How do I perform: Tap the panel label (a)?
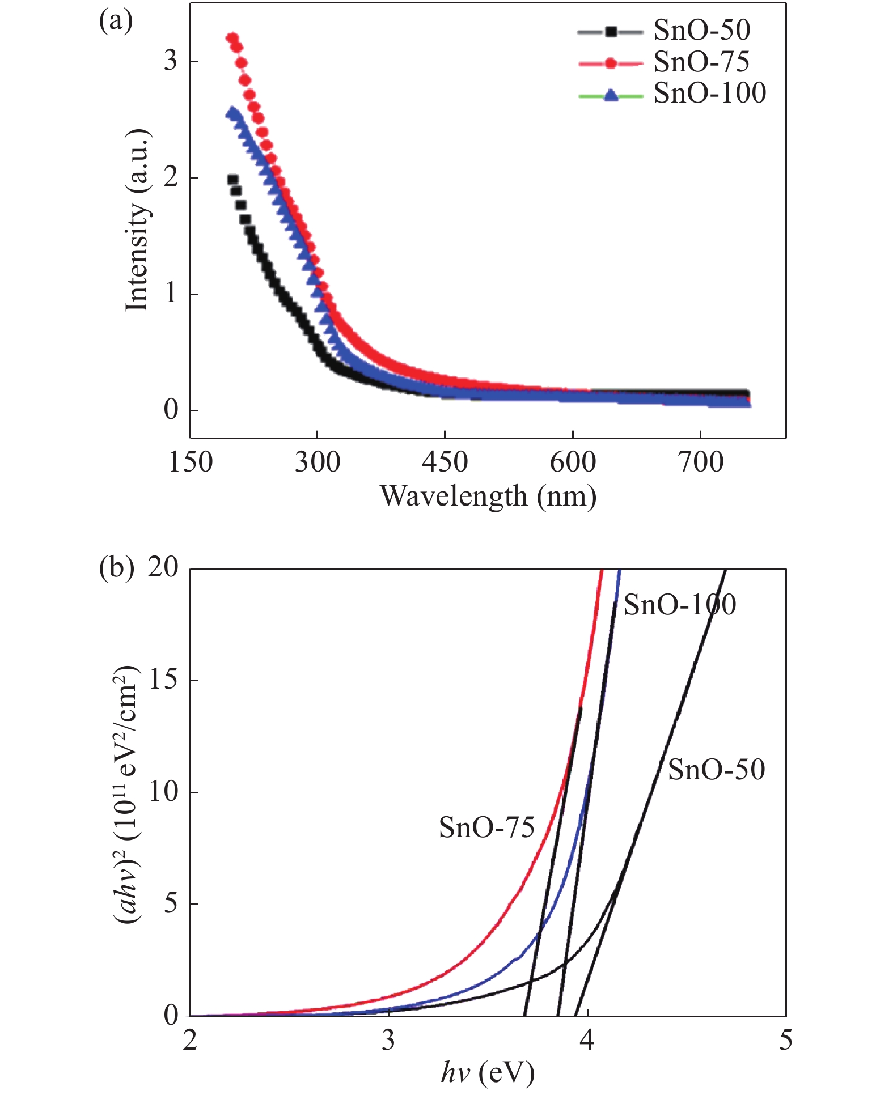click(116, 22)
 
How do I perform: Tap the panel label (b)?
click(116, 567)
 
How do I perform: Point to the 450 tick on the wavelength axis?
click(445, 462)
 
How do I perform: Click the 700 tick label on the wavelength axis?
click(701, 462)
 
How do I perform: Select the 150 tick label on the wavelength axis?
click(191, 462)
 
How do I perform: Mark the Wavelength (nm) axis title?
click(488, 496)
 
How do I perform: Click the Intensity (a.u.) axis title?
click(138, 221)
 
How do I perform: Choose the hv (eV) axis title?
click(488, 1072)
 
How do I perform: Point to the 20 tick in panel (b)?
click(163, 567)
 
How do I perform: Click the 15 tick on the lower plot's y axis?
click(163, 680)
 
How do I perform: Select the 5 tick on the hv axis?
click(785, 1040)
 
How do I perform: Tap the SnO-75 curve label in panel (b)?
click(486, 828)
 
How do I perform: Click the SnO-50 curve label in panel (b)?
click(716, 770)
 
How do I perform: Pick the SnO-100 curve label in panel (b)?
click(679, 605)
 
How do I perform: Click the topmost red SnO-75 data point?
click(232, 38)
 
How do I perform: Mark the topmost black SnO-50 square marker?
click(232, 180)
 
